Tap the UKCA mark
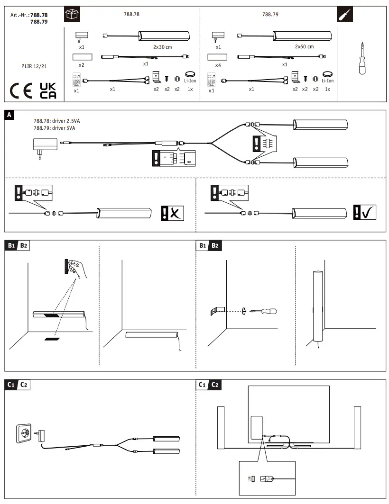tap(47, 90)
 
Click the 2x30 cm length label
tap(162, 47)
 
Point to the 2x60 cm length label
tap(304, 47)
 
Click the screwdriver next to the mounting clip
tap(264, 311)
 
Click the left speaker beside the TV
tap(221, 428)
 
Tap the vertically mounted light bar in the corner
tap(317, 308)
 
